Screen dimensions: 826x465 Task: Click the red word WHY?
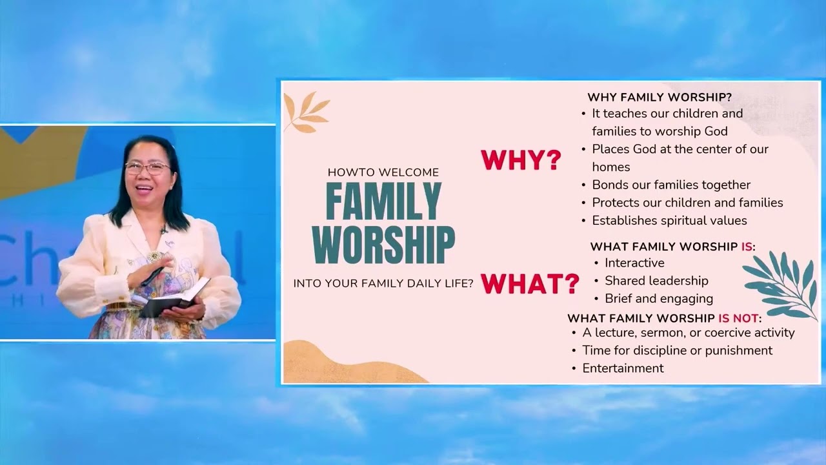pos(521,160)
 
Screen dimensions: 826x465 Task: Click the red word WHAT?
pos(530,284)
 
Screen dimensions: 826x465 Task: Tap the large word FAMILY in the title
pos(383,201)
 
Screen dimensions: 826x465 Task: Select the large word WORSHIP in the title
pos(383,244)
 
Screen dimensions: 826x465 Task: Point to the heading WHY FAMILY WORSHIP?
pos(660,98)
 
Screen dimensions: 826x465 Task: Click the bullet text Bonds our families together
pos(671,185)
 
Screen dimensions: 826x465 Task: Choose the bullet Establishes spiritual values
pos(669,220)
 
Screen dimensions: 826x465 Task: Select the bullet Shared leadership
pos(656,281)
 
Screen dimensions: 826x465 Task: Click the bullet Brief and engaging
pos(659,298)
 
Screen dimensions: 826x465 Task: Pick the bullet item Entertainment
pos(623,368)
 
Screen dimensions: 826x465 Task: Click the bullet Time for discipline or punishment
pos(678,350)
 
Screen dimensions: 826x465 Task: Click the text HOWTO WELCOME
pos(383,172)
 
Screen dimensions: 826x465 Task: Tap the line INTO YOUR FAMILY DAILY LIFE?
pos(383,284)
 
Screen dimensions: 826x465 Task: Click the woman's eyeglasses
pos(148,169)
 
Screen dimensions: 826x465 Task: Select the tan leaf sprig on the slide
pos(307,112)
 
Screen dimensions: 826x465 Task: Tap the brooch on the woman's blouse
pos(155,256)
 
